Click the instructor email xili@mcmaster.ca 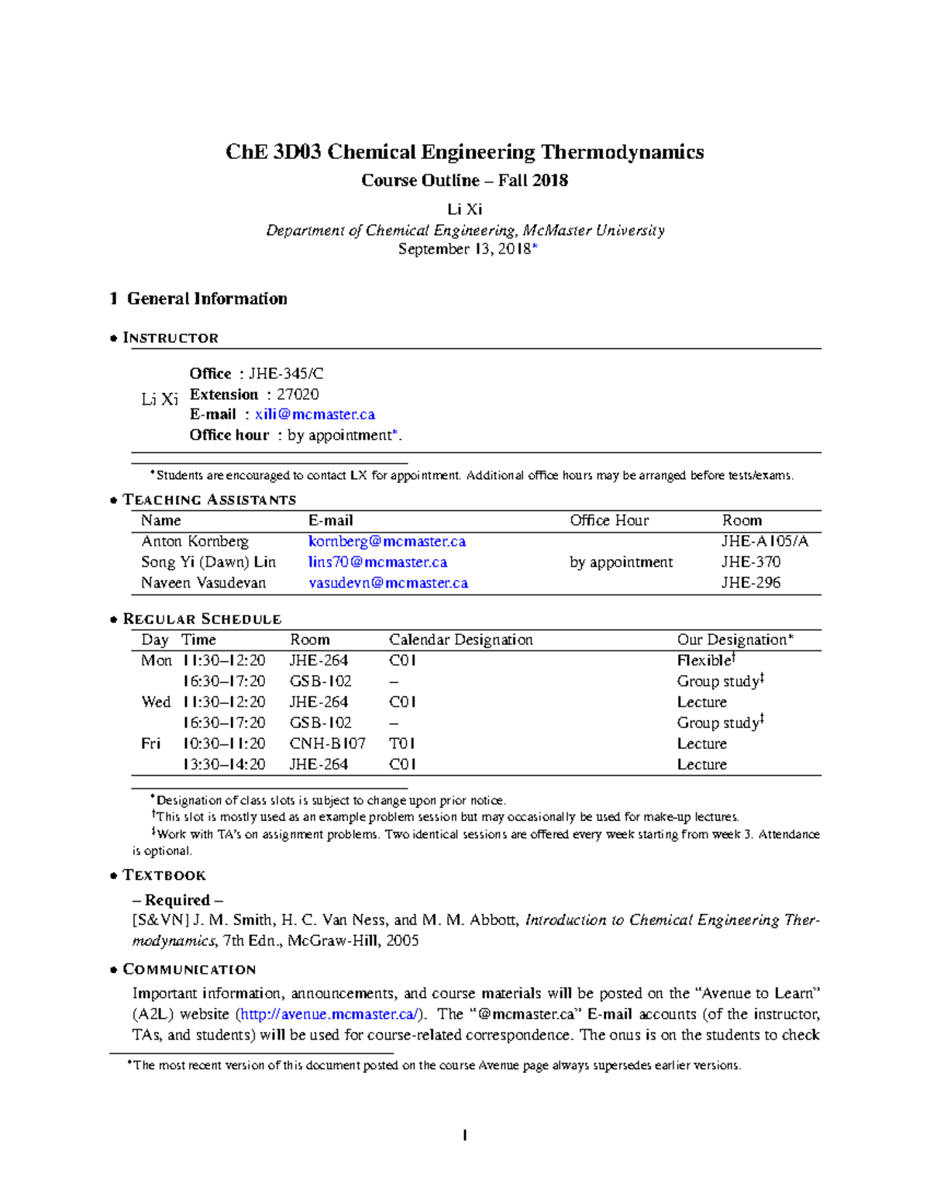tap(315, 415)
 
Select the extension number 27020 tap(298, 394)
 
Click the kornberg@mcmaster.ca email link tap(387, 541)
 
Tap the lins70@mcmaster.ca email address tap(377, 562)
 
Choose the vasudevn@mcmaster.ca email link tap(387, 583)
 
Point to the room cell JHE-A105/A tap(764, 541)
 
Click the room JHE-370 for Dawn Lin tap(750, 562)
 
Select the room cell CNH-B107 tap(327, 743)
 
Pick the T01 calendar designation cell tap(402, 743)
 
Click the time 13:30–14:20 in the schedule tap(223, 764)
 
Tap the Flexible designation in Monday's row tap(704, 661)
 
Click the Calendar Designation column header tap(460, 640)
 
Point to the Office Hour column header tap(609, 520)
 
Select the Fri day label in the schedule tap(150, 743)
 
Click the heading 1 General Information tap(198, 298)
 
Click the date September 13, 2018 tap(464, 249)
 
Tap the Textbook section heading tap(164, 875)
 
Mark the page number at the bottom tap(464, 1136)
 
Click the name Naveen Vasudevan tap(203, 583)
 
